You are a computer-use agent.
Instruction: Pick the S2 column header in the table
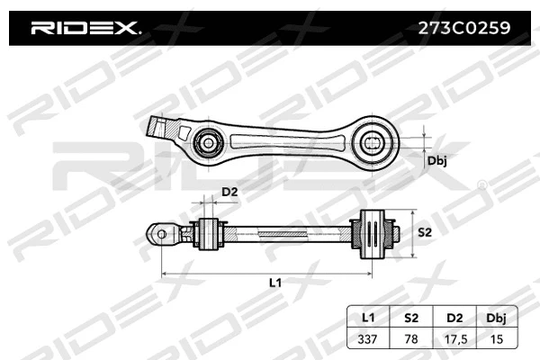[411, 318]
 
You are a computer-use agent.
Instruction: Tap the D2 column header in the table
[454, 318]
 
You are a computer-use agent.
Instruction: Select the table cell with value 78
[411, 338]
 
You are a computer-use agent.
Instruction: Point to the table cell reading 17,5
[454, 338]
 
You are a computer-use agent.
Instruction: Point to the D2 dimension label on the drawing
[229, 192]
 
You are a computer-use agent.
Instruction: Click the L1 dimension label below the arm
[276, 282]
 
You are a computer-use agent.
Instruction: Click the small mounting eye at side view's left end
[162, 233]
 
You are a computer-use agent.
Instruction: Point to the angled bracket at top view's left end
[163, 126]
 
